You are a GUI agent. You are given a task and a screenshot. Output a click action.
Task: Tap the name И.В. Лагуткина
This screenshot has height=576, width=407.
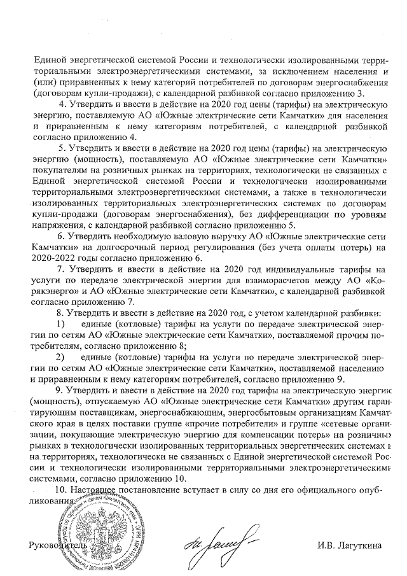[350, 547]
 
